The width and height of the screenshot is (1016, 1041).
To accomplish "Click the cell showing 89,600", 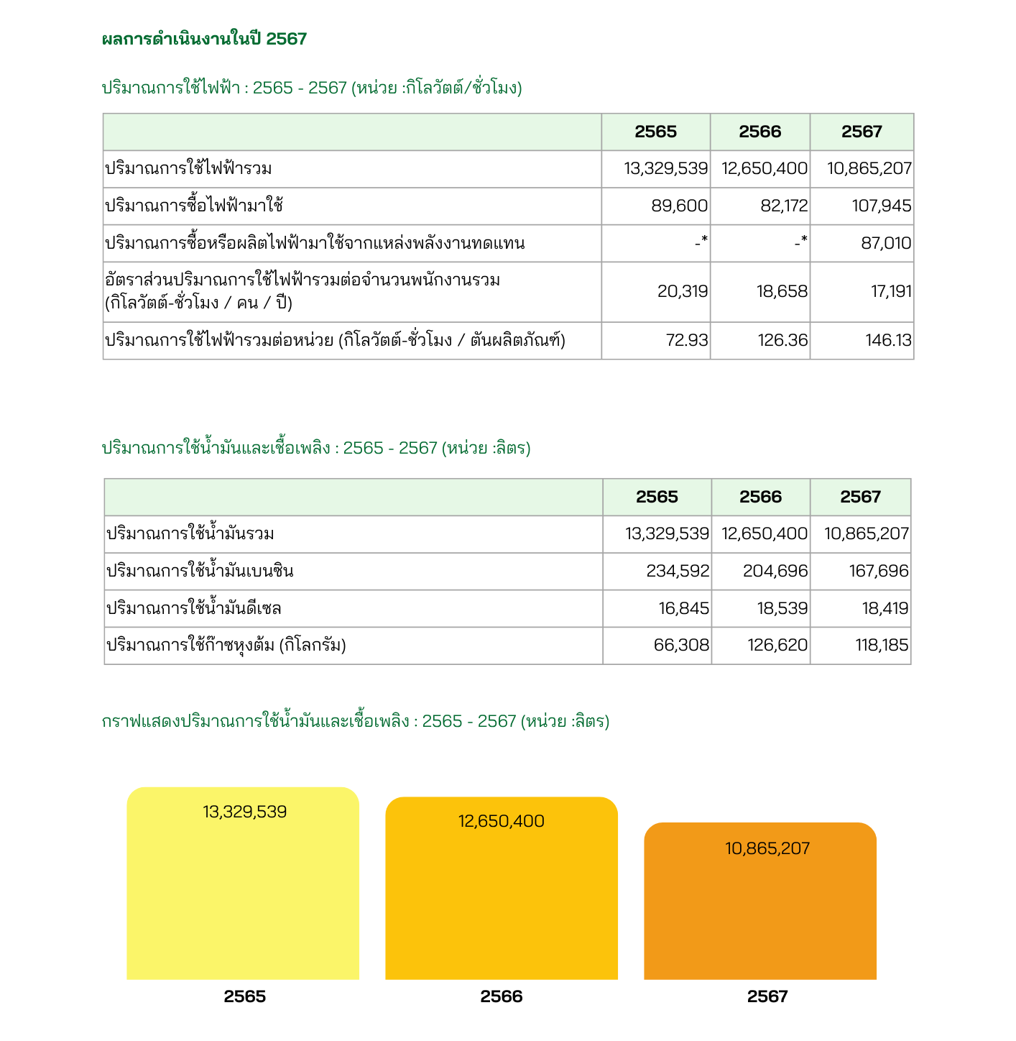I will pos(679,206).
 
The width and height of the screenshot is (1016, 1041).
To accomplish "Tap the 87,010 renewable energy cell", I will pos(886,244).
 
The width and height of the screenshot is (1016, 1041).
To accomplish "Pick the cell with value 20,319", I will pos(683,292).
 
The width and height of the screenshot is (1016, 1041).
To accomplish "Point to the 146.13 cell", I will pos(888,341).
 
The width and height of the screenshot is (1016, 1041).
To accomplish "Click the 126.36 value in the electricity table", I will pos(782,341).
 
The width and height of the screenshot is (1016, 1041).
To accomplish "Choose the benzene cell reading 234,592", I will pos(678,572).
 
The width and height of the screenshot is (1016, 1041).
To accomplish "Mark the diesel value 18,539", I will pos(782,609).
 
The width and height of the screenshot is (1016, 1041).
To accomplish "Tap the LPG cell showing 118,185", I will pos(882,646).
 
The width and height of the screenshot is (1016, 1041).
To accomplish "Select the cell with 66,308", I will pos(681,646).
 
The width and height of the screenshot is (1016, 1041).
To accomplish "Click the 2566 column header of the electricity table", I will pos(760,132).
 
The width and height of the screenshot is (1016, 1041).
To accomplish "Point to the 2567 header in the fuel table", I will pos(860,497).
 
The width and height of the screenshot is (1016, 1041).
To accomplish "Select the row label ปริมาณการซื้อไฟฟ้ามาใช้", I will pos(194,206).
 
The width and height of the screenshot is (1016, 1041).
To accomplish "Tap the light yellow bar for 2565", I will pos(243,899).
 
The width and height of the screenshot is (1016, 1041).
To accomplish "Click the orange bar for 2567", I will pos(760,913).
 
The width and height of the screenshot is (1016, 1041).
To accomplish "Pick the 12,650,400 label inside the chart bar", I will pos(502,822).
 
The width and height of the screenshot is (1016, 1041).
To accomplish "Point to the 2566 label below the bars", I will pos(502,997).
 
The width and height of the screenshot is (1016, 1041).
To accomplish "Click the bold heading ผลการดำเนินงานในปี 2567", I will pos(205,40).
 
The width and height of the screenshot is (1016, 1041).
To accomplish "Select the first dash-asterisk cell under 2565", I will pos(701,244).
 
